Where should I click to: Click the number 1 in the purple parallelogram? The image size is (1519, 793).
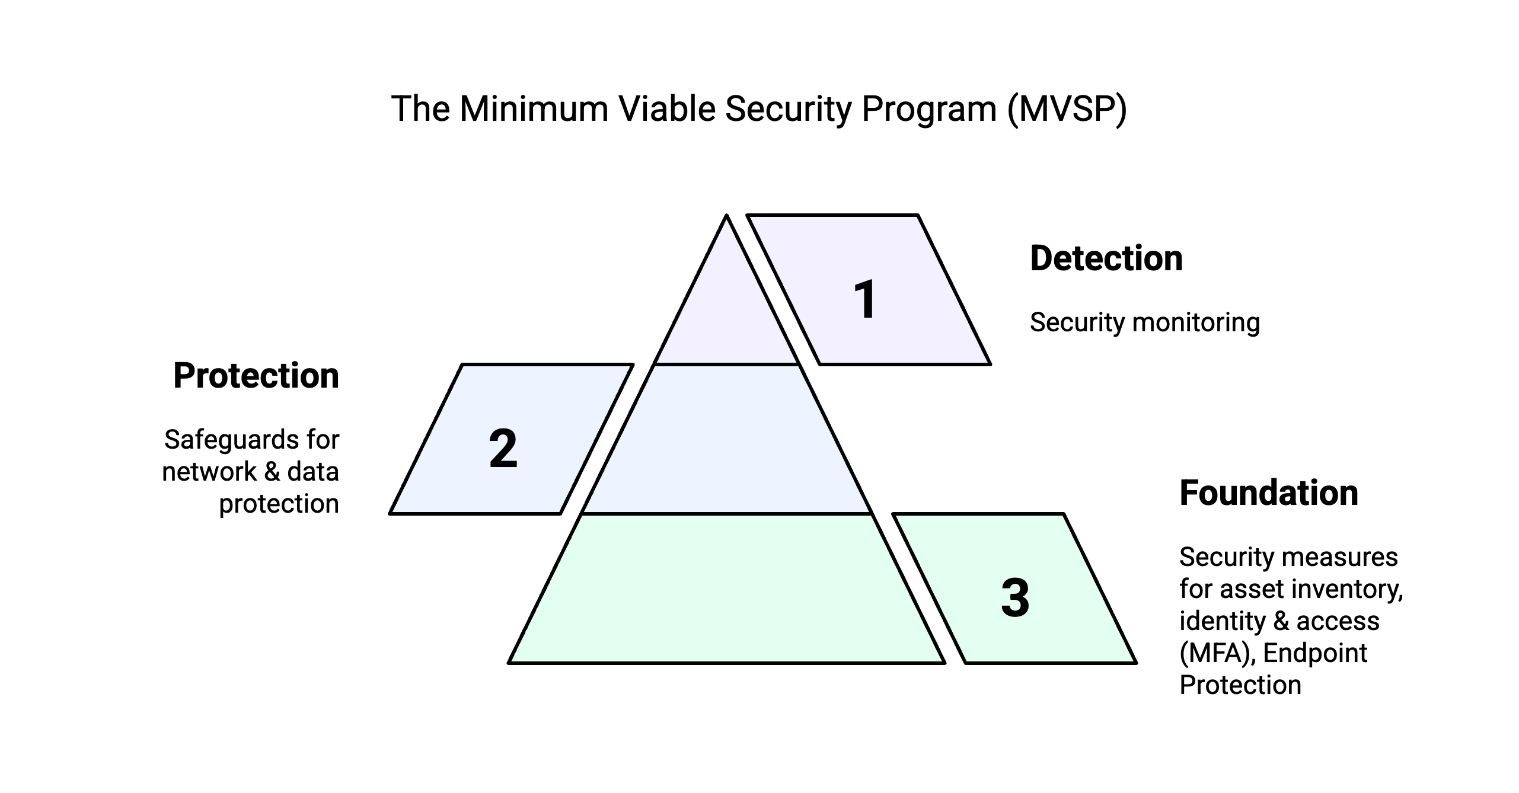click(x=865, y=300)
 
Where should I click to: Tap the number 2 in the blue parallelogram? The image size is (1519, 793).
click(x=503, y=449)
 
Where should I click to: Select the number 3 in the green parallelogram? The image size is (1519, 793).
click(x=1015, y=598)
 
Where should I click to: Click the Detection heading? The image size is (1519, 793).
click(x=1106, y=258)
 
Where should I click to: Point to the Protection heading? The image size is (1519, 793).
click(x=256, y=376)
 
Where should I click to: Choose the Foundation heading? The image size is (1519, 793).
click(x=1269, y=493)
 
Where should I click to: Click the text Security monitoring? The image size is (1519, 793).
click(x=1144, y=322)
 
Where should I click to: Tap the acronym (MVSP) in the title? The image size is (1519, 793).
click(x=1067, y=109)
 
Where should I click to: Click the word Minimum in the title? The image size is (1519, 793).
click(x=534, y=109)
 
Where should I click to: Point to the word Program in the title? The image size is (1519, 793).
click(x=929, y=109)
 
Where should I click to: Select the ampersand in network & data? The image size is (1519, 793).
click(x=272, y=472)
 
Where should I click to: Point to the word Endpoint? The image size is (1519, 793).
click(x=1315, y=653)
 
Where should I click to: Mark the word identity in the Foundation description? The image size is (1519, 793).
click(x=1221, y=621)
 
